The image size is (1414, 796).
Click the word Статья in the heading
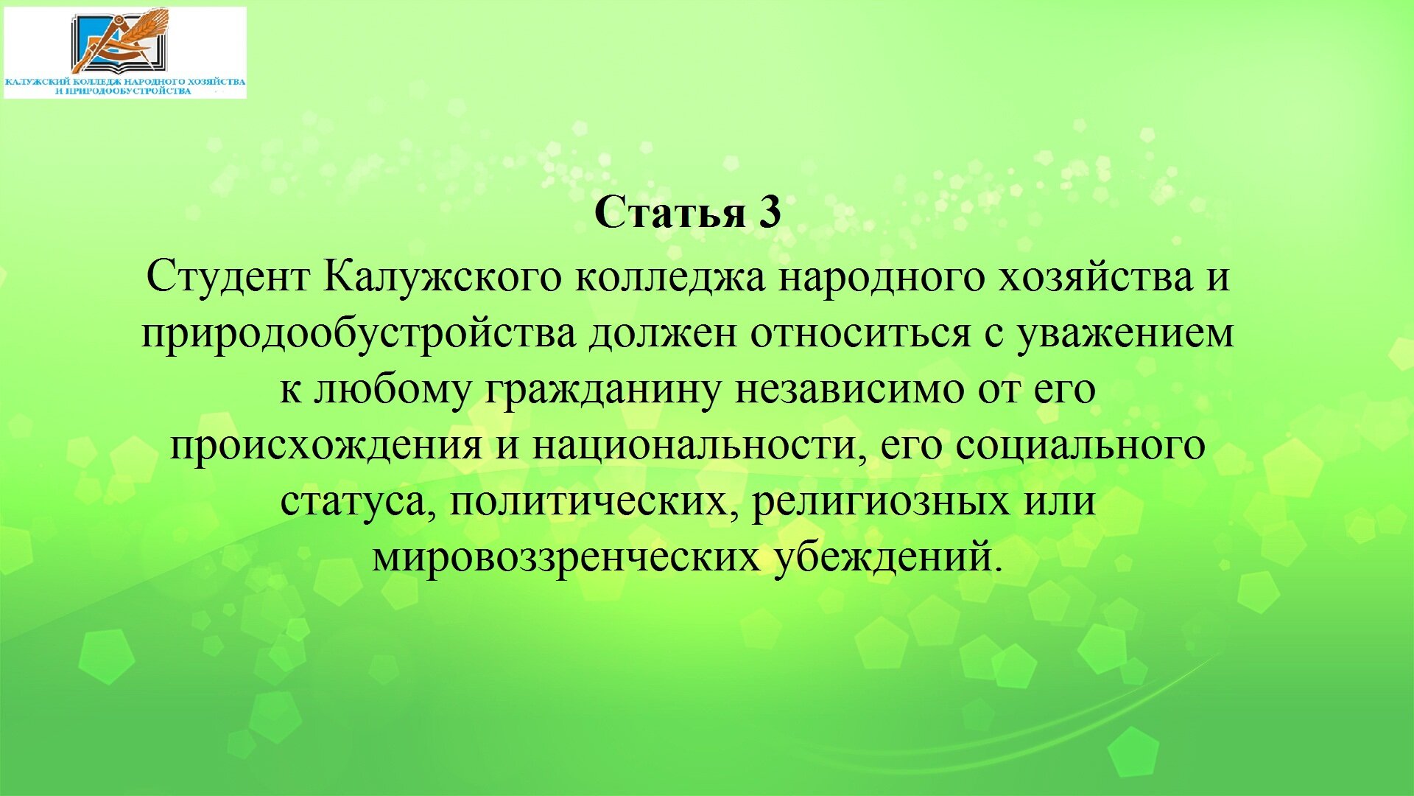click(669, 212)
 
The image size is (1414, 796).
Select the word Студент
click(228, 278)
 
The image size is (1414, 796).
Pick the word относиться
click(861, 334)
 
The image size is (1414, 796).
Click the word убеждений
click(888, 557)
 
